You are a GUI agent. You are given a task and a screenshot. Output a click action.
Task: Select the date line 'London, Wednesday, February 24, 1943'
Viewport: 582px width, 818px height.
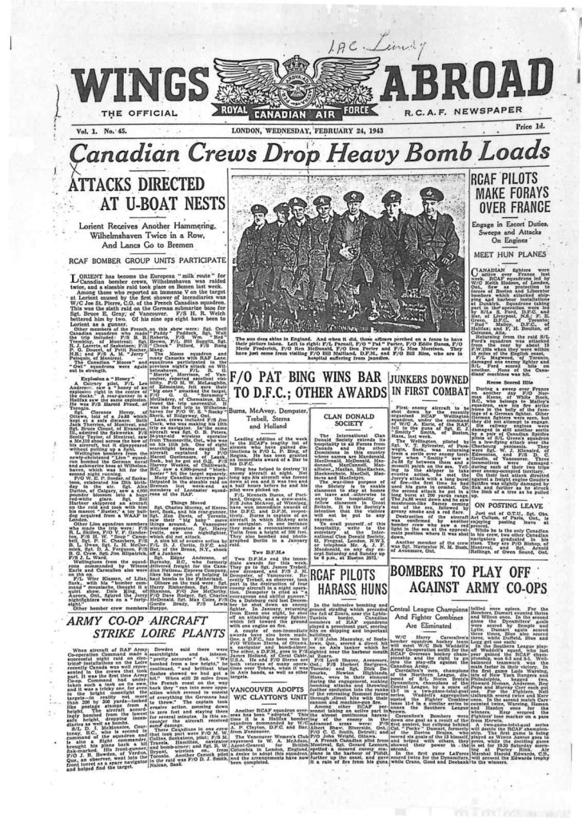[x=293, y=127]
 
